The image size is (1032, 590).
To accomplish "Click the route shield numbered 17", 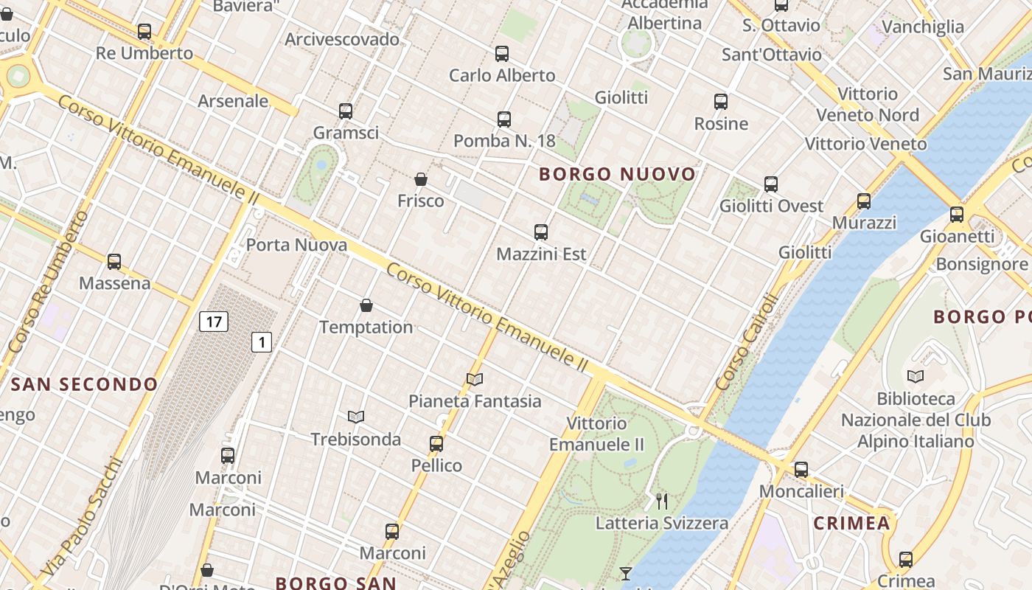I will [x=213, y=322].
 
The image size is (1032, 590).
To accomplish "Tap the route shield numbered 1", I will [x=262, y=342].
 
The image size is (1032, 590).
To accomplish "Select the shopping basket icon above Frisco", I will [x=421, y=179].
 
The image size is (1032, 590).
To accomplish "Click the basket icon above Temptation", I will [x=366, y=305].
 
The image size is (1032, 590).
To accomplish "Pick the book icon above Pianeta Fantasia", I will [x=475, y=380].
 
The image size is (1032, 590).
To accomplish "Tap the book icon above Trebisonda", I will [x=356, y=417].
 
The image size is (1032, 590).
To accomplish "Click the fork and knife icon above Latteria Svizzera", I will [x=662, y=502].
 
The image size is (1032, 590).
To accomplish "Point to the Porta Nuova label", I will [x=296, y=245].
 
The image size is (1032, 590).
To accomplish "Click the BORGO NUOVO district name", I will [x=618, y=174].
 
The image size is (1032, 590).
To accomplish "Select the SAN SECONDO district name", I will [x=85, y=384].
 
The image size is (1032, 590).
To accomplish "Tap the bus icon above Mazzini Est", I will [x=541, y=232].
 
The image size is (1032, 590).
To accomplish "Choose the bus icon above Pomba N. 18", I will [x=504, y=119].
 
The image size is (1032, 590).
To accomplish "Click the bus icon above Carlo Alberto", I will [x=502, y=54].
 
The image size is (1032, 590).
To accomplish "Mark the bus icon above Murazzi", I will [x=864, y=201].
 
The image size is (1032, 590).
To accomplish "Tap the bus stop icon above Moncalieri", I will [x=801, y=470].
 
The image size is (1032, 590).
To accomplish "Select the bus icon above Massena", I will [x=114, y=262].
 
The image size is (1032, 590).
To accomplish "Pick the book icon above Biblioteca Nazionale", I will [x=916, y=377].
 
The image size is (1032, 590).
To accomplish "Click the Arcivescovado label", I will [x=342, y=39].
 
